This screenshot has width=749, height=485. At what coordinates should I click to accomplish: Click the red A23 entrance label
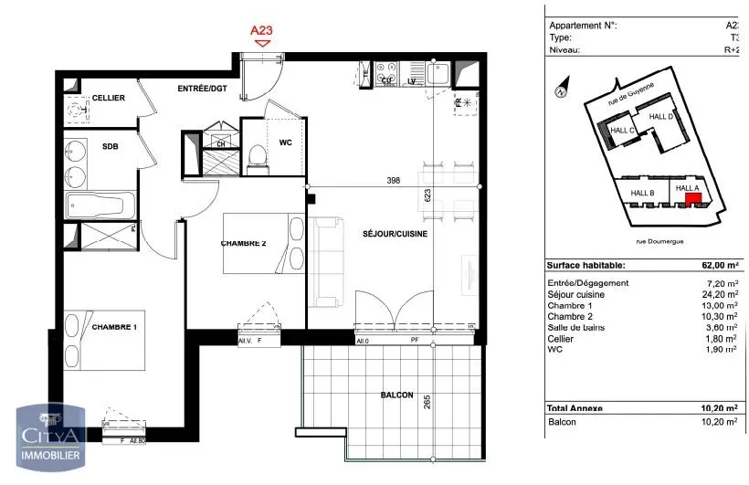point(262,30)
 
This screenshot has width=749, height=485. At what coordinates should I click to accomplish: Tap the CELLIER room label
point(109,98)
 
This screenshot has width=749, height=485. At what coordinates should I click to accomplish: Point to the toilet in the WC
point(256,157)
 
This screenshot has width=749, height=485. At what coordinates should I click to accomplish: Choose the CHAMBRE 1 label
point(114,326)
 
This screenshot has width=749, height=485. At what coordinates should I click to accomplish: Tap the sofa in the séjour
point(325,261)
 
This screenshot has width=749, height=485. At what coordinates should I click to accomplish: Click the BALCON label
point(397,395)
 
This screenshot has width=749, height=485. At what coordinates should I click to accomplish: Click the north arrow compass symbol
point(561,90)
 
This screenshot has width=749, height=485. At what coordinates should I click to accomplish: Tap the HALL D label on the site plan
point(660,117)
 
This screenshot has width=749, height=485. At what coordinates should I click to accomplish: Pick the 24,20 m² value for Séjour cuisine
point(722,294)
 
